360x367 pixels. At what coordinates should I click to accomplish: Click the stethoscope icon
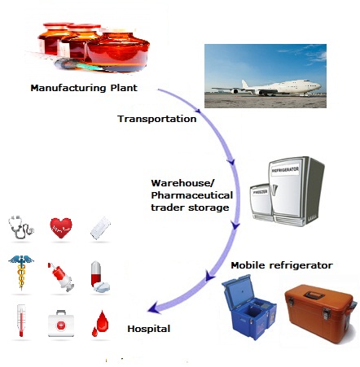click(x=21, y=226)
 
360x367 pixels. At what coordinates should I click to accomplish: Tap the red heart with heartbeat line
click(x=61, y=225)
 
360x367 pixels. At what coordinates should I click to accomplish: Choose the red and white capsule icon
click(x=99, y=275)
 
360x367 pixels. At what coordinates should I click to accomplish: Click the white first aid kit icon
click(x=61, y=321)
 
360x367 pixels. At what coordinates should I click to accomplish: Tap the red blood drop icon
click(x=100, y=321)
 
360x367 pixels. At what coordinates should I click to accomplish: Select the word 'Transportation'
click(x=157, y=119)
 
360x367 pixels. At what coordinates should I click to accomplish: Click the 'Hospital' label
click(x=149, y=329)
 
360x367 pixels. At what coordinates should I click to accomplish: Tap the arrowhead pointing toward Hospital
click(x=154, y=308)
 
